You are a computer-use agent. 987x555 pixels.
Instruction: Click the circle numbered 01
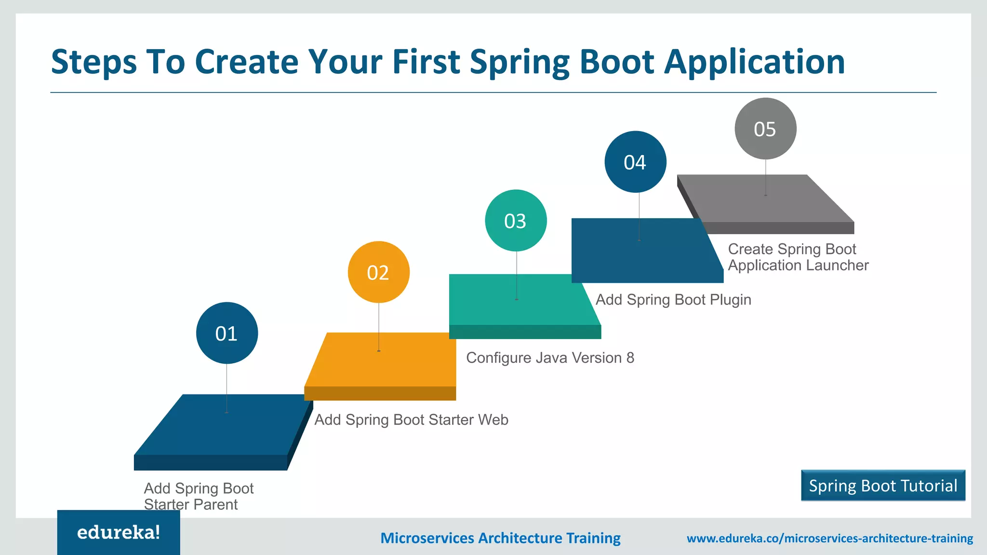pos(227,333)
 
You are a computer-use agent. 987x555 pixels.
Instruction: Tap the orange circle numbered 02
pos(378,272)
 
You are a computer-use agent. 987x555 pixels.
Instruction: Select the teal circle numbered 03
pos(516,221)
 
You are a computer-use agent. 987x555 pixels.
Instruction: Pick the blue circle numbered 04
pos(635,162)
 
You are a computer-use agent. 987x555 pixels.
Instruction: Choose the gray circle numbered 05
pos(765,129)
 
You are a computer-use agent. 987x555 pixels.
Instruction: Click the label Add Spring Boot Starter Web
pos(411,420)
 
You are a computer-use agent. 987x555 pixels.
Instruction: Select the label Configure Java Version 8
pos(549,358)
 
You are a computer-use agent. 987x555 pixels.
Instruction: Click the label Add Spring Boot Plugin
pos(673,300)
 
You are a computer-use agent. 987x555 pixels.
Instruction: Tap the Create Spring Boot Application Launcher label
pos(798,257)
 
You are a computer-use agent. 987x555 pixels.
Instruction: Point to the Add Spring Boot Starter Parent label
pos(198,496)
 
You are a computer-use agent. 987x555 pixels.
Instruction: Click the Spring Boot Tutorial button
pos(883,486)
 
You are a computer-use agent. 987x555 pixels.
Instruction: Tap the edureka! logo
pos(119,532)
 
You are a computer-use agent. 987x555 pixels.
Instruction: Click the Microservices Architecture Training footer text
pos(500,538)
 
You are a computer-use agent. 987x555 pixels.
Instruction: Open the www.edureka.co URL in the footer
pos(829,538)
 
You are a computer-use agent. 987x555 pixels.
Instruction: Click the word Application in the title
pos(754,63)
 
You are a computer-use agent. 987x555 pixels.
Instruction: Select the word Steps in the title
pos(94,63)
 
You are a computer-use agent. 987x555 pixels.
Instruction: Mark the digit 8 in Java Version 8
pos(630,358)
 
